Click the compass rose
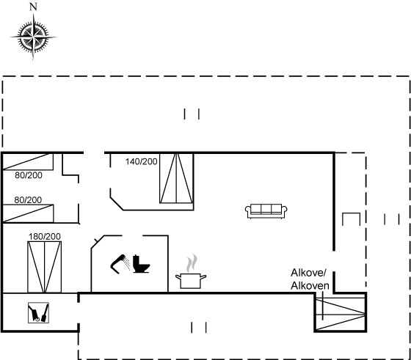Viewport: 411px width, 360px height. click(x=33, y=37)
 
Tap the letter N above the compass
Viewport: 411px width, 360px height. click(x=33, y=7)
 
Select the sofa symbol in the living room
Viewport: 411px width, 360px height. click(x=266, y=211)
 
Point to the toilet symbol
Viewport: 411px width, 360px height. click(x=141, y=264)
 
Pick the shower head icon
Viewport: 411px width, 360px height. click(x=120, y=264)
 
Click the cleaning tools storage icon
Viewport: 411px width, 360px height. click(x=38, y=312)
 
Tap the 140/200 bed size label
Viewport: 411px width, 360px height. click(x=141, y=162)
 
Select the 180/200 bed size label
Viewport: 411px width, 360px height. click(x=45, y=236)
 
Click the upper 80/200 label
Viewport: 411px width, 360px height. click(x=29, y=175)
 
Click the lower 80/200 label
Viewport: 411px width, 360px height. click(x=28, y=200)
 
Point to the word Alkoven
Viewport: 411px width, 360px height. click(x=310, y=286)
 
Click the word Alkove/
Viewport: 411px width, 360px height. click(x=308, y=273)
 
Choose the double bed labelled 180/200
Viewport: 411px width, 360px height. click(x=45, y=267)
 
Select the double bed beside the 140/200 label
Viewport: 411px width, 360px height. click(x=177, y=178)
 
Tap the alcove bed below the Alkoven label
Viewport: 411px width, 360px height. click(x=341, y=313)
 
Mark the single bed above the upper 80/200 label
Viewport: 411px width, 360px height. click(x=28, y=162)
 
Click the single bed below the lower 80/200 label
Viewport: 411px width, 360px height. click(x=28, y=213)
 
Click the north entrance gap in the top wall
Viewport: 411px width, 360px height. click(x=94, y=153)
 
